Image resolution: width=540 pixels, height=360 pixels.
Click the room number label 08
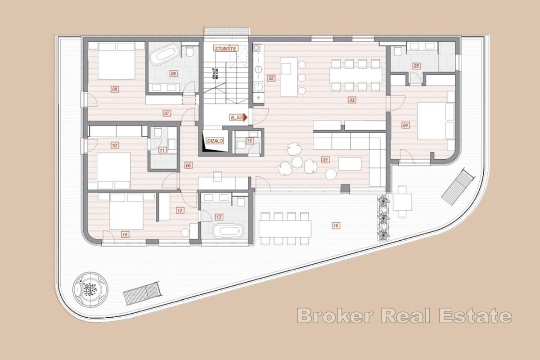[115, 89]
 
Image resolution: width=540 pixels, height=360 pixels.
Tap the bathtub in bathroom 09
[162, 56]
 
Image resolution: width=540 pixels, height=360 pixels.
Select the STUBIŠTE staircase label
[225, 47]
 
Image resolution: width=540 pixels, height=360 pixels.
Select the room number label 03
[352, 100]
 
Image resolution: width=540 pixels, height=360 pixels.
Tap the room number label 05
[416, 66]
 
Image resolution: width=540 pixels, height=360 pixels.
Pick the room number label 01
[326, 159]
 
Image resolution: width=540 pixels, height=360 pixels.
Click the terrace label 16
[335, 225]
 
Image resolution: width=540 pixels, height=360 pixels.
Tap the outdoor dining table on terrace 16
[284, 229]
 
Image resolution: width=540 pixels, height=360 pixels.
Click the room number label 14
[125, 234]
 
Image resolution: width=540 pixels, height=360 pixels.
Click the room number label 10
[114, 145]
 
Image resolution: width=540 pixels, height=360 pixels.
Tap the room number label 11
[162, 150]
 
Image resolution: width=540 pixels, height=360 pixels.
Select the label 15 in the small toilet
[249, 141]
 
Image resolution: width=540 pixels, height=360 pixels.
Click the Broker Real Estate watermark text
[404, 315]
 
